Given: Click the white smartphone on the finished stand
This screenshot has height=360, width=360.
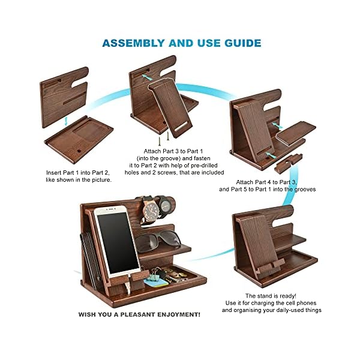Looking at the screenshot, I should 117,234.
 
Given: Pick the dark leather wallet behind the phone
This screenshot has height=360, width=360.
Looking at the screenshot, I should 88,252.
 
